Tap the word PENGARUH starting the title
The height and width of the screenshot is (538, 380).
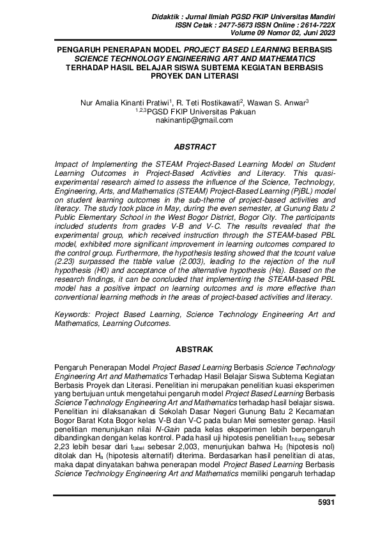[78, 49]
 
